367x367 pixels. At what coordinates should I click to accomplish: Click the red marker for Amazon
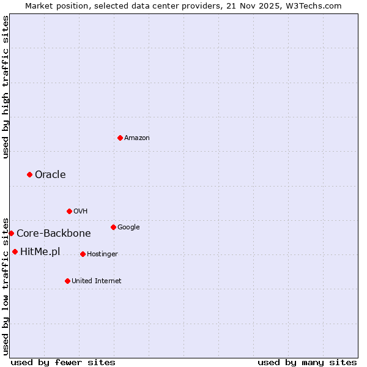click(x=120, y=138)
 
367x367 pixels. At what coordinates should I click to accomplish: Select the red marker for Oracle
click(x=29, y=175)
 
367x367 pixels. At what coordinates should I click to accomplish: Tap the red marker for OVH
click(x=69, y=211)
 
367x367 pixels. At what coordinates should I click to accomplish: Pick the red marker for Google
click(x=113, y=227)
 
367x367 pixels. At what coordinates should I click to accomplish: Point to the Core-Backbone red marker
click(x=11, y=233)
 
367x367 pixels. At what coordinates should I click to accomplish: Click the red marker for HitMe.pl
click(x=15, y=251)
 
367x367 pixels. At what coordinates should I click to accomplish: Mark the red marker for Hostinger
click(x=83, y=254)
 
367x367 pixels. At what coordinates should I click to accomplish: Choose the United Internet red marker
click(x=67, y=281)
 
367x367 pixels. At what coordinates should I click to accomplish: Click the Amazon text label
click(x=137, y=138)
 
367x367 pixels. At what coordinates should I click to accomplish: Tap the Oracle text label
click(x=50, y=175)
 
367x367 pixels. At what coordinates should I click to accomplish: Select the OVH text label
click(x=81, y=212)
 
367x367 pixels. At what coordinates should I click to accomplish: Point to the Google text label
click(x=128, y=228)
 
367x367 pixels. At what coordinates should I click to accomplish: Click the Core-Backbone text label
click(x=54, y=234)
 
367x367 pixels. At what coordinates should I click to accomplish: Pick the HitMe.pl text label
click(x=40, y=252)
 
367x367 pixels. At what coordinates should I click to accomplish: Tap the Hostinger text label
click(x=102, y=254)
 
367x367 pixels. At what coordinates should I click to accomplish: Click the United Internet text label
click(x=97, y=281)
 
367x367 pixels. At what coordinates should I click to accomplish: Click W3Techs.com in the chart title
click(x=315, y=6)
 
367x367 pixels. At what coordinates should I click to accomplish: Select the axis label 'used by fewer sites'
click(x=63, y=362)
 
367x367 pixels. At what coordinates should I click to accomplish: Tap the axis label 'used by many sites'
click(x=307, y=362)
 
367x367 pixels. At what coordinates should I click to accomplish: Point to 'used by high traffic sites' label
click(x=6, y=87)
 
